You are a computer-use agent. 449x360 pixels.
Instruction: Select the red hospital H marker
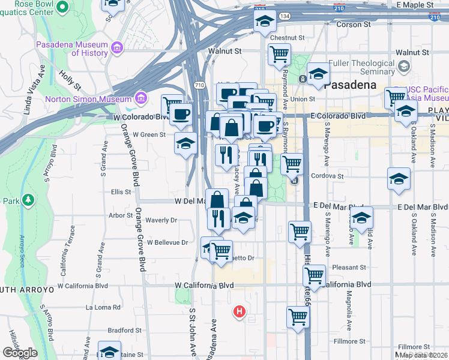pos(240,311)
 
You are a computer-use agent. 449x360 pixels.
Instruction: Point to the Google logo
pos(20,353)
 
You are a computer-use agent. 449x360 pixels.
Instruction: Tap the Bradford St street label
pos(124,330)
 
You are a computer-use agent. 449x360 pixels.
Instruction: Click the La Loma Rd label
pos(103,307)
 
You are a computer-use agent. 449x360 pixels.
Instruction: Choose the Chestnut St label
pos(288,37)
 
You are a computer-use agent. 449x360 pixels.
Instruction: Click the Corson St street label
pos(354,25)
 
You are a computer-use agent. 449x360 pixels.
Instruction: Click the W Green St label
pos(149,135)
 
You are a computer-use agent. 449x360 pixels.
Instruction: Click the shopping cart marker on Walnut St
pos(279,54)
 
